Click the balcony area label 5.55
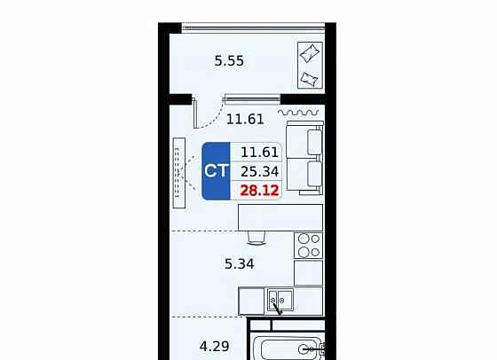click(229, 60)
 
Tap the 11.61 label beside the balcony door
click(245, 120)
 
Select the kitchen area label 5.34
click(240, 263)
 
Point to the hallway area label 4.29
click(214, 347)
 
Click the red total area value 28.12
click(259, 191)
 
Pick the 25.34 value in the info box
click(259, 172)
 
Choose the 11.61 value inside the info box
click(259, 153)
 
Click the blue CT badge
click(217, 171)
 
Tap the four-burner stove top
click(309, 246)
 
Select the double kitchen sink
click(280, 301)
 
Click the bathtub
click(289, 348)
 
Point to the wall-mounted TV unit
click(179, 173)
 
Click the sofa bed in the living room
click(305, 158)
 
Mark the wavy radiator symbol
click(298, 113)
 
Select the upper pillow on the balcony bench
click(310, 53)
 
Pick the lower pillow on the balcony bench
click(310, 79)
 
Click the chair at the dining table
click(256, 238)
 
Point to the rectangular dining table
click(280, 217)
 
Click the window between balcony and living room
click(252, 99)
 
